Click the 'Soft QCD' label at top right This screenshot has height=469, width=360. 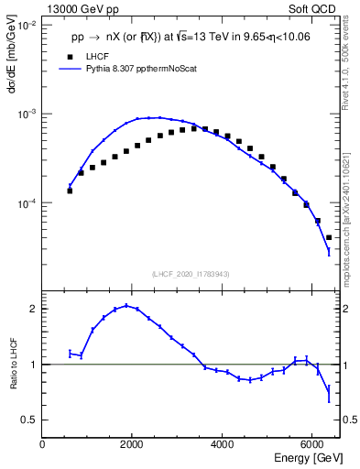click(314, 7)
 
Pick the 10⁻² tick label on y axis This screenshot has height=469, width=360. click(27, 26)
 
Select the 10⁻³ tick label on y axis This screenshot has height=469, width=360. click(27, 115)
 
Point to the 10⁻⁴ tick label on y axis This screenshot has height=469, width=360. click(27, 203)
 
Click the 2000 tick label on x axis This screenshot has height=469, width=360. click(132, 443)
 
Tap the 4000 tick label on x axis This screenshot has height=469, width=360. click(222, 443)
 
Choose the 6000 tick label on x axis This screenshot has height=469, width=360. click(311, 443)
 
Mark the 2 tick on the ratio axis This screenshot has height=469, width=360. click(33, 309)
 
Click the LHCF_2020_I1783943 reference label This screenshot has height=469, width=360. click(191, 274)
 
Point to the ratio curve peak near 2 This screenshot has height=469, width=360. click(126, 306)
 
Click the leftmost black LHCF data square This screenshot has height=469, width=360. click(70, 191)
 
